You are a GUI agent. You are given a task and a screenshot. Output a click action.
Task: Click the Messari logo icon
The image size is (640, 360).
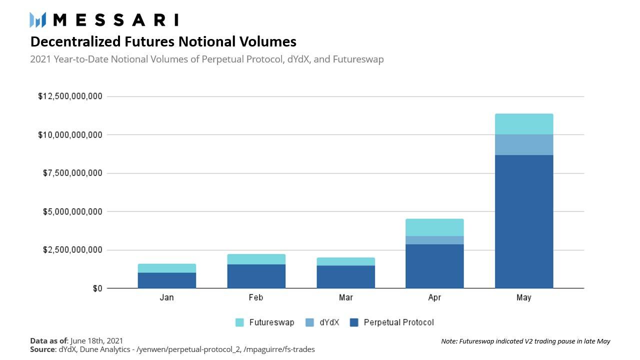click(38, 20)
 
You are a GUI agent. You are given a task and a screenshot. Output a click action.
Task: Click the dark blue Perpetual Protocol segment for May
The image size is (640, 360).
click(523, 221)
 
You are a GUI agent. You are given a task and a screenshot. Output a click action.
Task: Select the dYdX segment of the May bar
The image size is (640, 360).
click(523, 144)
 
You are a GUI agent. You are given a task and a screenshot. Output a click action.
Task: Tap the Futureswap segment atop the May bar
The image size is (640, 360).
click(523, 124)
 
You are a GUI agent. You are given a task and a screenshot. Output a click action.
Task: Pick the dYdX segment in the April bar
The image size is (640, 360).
click(434, 240)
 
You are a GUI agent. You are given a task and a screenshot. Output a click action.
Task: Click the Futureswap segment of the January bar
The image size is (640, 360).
click(166, 268)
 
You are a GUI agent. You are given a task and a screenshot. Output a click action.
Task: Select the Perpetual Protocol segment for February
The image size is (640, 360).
click(256, 276)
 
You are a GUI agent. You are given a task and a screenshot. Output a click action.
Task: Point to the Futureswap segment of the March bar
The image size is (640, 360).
click(345, 261)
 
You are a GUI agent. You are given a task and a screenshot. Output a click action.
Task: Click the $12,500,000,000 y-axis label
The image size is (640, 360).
click(70, 96)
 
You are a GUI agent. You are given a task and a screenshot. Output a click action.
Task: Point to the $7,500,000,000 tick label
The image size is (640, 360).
click(72, 173)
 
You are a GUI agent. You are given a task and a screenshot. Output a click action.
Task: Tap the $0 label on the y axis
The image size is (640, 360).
click(97, 288)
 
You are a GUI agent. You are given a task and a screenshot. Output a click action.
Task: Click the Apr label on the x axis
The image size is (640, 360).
click(434, 297)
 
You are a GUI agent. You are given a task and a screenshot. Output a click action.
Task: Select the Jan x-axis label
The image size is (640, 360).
click(166, 297)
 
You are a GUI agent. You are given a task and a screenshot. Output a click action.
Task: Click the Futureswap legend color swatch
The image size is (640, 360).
click(240, 322)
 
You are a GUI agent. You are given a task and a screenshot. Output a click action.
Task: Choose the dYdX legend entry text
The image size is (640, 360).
click(329, 322)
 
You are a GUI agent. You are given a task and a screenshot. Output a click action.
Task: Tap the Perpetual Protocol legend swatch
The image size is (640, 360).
click(354, 322)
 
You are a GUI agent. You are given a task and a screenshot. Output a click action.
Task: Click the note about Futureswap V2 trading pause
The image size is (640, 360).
click(525, 341)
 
